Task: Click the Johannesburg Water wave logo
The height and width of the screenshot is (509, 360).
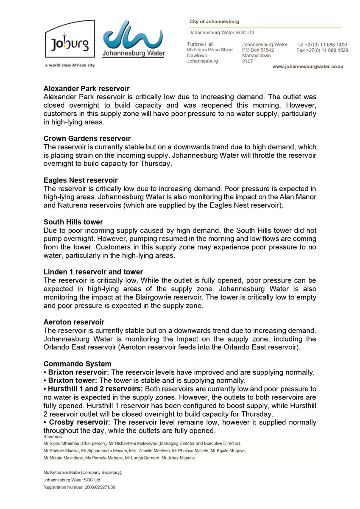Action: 134,38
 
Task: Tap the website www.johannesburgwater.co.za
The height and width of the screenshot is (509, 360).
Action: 307,67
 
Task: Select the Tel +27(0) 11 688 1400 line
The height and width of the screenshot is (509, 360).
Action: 321,45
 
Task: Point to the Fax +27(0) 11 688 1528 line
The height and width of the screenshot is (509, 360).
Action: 322,50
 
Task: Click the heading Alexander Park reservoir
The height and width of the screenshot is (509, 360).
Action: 87,89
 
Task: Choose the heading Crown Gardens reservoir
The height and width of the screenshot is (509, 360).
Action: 87,139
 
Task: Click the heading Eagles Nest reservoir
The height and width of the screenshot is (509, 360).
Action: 81,180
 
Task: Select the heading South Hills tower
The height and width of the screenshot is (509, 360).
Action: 73,222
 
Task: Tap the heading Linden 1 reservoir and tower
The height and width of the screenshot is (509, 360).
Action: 93,272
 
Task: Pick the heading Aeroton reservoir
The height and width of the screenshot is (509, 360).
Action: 74,322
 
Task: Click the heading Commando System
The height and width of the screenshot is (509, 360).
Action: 77,364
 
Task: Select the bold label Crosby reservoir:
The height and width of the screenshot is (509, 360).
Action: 79,422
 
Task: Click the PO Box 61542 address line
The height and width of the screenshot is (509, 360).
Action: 258,50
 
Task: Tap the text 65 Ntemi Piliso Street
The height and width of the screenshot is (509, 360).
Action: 210,50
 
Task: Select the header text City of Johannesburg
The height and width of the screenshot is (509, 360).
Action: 214,22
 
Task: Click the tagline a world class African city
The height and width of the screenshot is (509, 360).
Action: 70,65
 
